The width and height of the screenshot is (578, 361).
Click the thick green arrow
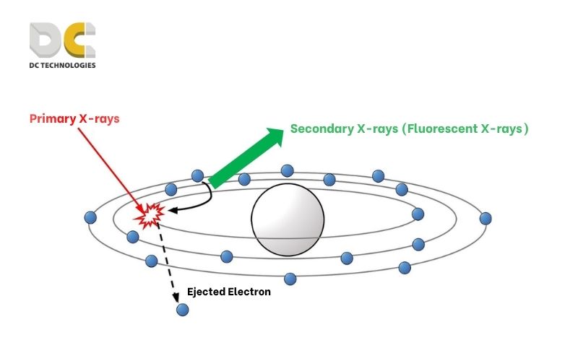coord(246,157)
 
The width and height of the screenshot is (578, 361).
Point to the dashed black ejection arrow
coord(168,260)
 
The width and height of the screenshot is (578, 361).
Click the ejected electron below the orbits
coord(182,310)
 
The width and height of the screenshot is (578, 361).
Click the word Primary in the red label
coord(52,118)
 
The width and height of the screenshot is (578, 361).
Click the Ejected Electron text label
coord(228,292)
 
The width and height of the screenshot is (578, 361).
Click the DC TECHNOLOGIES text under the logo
coord(62,65)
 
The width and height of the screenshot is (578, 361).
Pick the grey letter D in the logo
coord(48,41)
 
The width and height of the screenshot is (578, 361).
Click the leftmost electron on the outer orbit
coord(90,217)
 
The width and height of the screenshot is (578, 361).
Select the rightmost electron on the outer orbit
coord(486,217)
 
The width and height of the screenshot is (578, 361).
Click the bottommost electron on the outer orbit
coord(290,279)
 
